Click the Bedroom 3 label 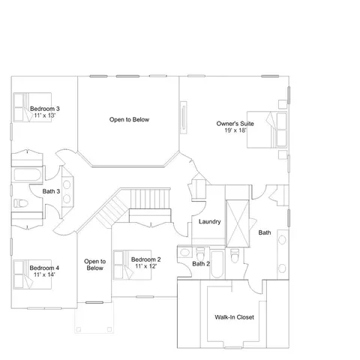click(45, 109)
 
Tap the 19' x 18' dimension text click(235, 130)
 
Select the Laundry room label click(210, 222)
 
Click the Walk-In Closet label click(234, 317)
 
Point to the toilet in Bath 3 click(20, 203)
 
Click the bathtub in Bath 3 click(28, 175)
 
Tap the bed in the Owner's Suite click(267, 130)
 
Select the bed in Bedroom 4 click(32, 274)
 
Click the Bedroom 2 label click(146, 259)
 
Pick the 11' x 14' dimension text click(44, 274)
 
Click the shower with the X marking click(238, 223)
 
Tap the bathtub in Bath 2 click(217, 265)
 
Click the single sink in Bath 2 click(184, 252)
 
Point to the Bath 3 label click(51, 191)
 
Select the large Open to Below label click(129, 119)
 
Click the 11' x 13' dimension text click(45, 115)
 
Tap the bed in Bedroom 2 click(132, 265)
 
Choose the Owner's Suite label click(235, 124)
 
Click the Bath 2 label click(201, 264)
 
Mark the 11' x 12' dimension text click(146, 266)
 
